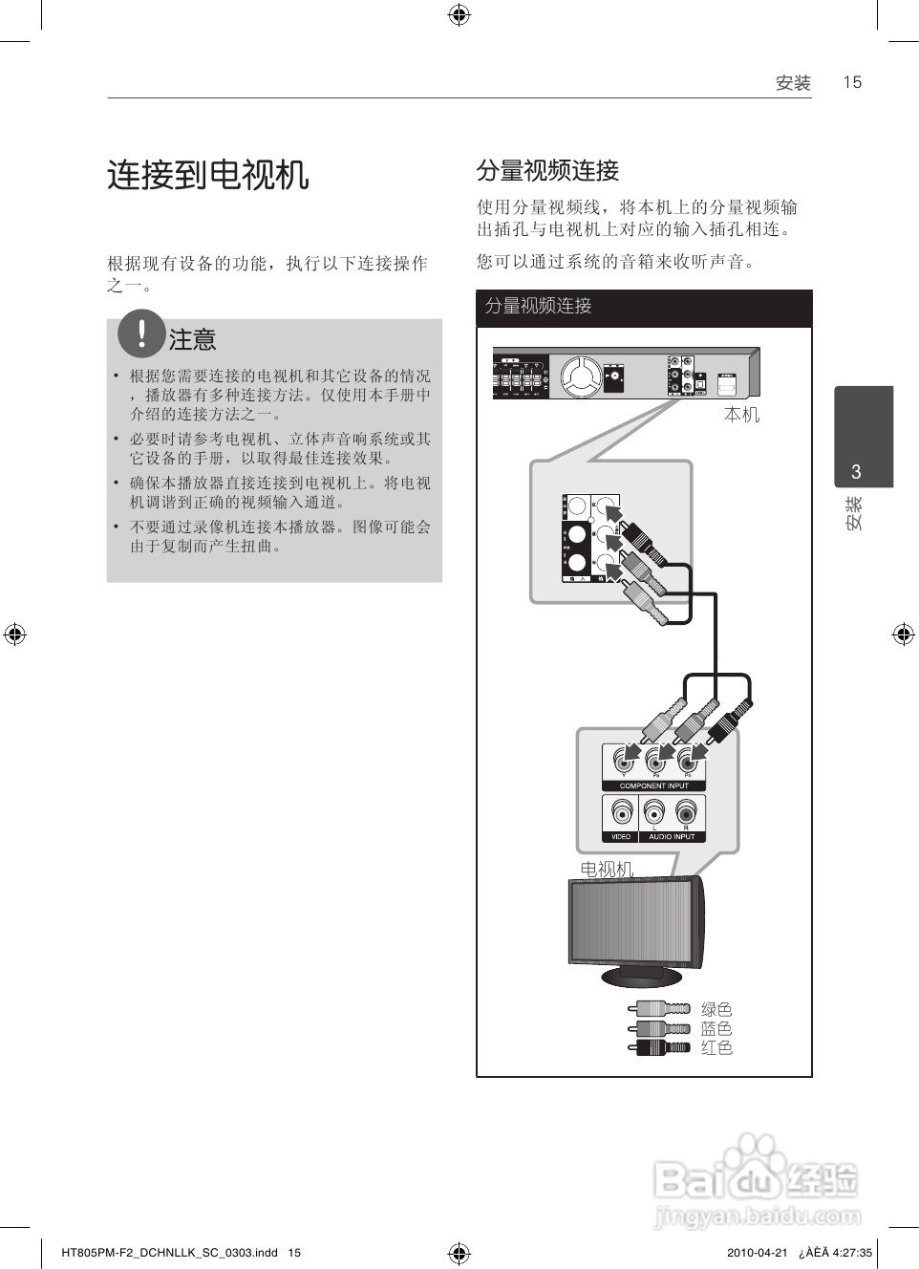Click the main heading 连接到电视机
click(207, 176)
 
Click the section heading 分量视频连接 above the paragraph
click(547, 171)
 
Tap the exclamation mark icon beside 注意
click(141, 333)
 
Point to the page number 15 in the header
click(852, 82)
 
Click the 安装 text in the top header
click(793, 83)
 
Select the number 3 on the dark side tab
click(856, 471)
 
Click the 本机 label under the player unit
click(741, 415)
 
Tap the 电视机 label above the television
click(607, 869)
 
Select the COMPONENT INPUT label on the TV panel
click(653, 785)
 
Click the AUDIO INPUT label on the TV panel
click(672, 836)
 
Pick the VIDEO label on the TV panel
click(621, 836)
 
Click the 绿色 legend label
click(716, 1009)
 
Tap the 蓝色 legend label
click(716, 1028)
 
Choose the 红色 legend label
click(716, 1047)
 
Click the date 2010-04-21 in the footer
click(757, 1253)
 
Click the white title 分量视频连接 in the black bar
click(538, 306)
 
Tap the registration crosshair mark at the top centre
click(459, 14)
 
